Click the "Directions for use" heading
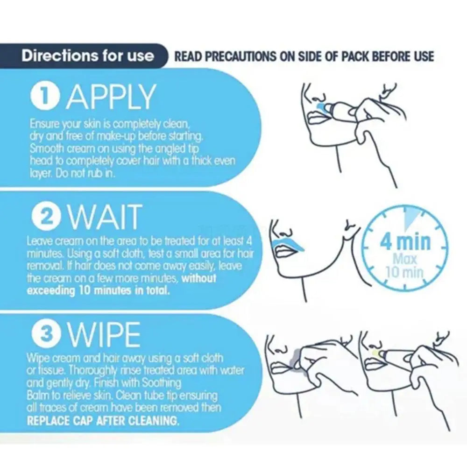[88, 56]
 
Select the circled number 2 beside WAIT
[47, 217]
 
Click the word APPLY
[111, 96]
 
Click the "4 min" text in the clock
[405, 242]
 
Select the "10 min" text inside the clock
[405, 272]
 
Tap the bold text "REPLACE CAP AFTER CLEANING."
[103, 421]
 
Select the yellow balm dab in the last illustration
[377, 354]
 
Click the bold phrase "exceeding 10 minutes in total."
[98, 290]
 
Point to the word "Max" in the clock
[404, 259]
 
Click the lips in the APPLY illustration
[316, 117]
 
